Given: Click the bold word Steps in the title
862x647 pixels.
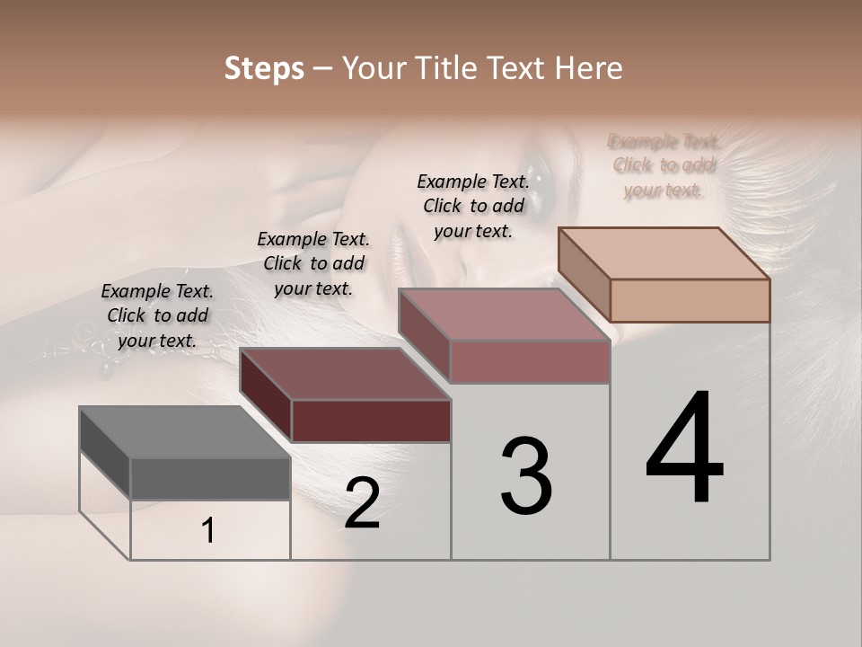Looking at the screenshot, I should pos(264,68).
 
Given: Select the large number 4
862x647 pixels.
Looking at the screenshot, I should pos(684,449).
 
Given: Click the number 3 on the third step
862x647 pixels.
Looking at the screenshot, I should pos(526,476).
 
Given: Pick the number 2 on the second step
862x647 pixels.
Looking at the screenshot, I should pos(362,503).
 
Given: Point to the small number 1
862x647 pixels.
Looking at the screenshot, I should pos(208,531).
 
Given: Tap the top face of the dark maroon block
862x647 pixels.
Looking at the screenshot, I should pos(345,374).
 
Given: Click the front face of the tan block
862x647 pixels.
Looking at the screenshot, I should pos(690,300).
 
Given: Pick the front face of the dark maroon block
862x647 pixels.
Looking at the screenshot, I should pos(371,421).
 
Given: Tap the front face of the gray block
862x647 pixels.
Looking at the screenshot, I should pos(210,478).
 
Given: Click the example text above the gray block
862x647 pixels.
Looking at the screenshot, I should pos(157,316).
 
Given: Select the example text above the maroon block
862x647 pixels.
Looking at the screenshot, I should pos(313,263).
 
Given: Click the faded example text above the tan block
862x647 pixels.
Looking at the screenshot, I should pos(664,165).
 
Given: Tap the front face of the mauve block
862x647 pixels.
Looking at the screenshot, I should pos(530,361).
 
